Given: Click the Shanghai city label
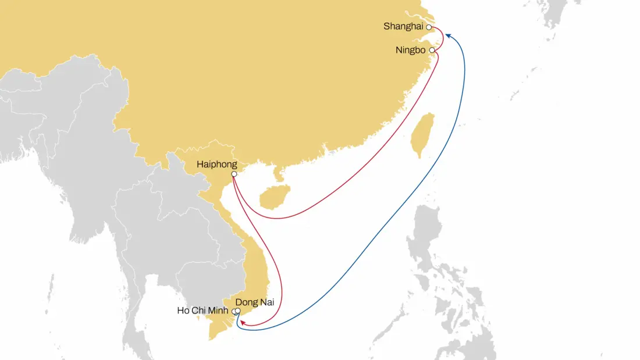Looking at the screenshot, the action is coord(404,26).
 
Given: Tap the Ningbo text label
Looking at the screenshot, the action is coord(411,50).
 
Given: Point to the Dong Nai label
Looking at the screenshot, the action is coord(254,302).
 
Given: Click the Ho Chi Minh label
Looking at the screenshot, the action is coord(204,311).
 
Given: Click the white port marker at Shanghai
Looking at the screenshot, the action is coord(429,27).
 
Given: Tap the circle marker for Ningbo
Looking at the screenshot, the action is coord(432,51).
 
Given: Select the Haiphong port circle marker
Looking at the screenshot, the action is coord(234,174).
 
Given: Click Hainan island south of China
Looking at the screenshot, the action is coord(272,197).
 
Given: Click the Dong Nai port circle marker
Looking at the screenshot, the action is coord(238,310).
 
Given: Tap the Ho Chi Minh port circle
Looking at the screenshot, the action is coord(234,312).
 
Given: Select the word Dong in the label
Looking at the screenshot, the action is coord(246,302).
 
